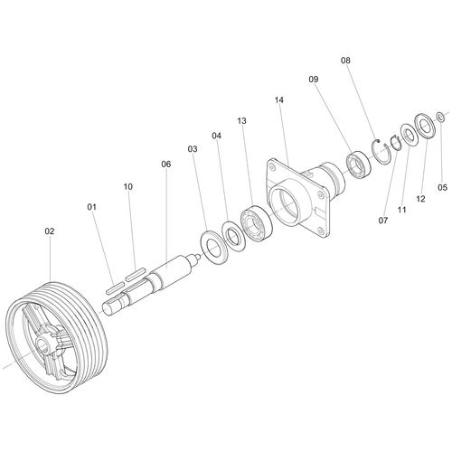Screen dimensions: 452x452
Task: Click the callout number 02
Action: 50,231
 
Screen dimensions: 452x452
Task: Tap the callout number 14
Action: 279,99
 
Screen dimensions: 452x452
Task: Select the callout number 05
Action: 442,187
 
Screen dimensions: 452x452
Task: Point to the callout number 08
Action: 345,61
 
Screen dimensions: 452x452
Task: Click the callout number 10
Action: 128,187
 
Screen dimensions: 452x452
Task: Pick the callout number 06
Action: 166,164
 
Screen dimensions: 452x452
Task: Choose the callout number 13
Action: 241,121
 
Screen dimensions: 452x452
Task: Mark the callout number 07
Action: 383,221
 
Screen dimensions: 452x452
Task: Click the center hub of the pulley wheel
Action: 44,343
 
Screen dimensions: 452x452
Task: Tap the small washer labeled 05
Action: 440,117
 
